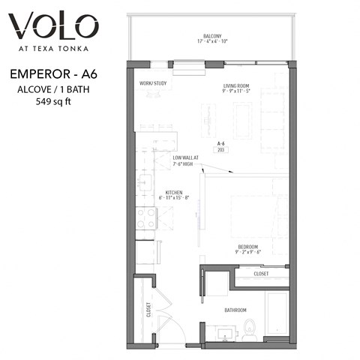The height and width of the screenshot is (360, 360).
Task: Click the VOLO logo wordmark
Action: click(x=53, y=28)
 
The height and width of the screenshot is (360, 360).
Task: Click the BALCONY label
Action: click(x=212, y=35)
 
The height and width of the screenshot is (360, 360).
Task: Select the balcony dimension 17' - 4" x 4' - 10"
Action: click(x=212, y=41)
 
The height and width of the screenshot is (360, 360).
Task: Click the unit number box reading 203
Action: click(x=221, y=150)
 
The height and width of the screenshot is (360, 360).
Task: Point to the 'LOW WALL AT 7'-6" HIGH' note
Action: click(x=184, y=160)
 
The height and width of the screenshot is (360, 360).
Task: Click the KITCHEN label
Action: click(x=175, y=193)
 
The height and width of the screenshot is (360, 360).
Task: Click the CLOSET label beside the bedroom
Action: click(x=261, y=274)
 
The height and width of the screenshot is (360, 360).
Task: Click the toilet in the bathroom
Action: click(x=250, y=328)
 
